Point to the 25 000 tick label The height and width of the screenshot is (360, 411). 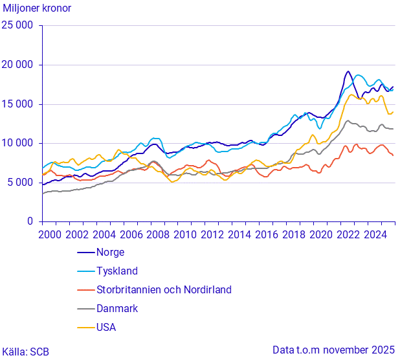tap(18, 26)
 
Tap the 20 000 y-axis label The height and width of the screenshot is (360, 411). tap(18, 65)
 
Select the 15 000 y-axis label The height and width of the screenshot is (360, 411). tap(18, 104)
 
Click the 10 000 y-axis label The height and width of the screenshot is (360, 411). tap(18, 143)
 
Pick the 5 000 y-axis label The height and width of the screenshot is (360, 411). tap(21, 183)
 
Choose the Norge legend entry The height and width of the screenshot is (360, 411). tap(110, 253)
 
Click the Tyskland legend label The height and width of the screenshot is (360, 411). tap(117, 271)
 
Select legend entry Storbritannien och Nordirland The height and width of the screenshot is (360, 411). tap(164, 290)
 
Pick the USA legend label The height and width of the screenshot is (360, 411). tap(107, 328)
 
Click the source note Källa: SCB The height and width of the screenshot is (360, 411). tap(25, 352)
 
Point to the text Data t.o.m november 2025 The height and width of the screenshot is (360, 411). tap(333, 350)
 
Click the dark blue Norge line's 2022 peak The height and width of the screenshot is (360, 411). tap(348, 71)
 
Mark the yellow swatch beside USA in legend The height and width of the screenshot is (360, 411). tap(85, 328)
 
